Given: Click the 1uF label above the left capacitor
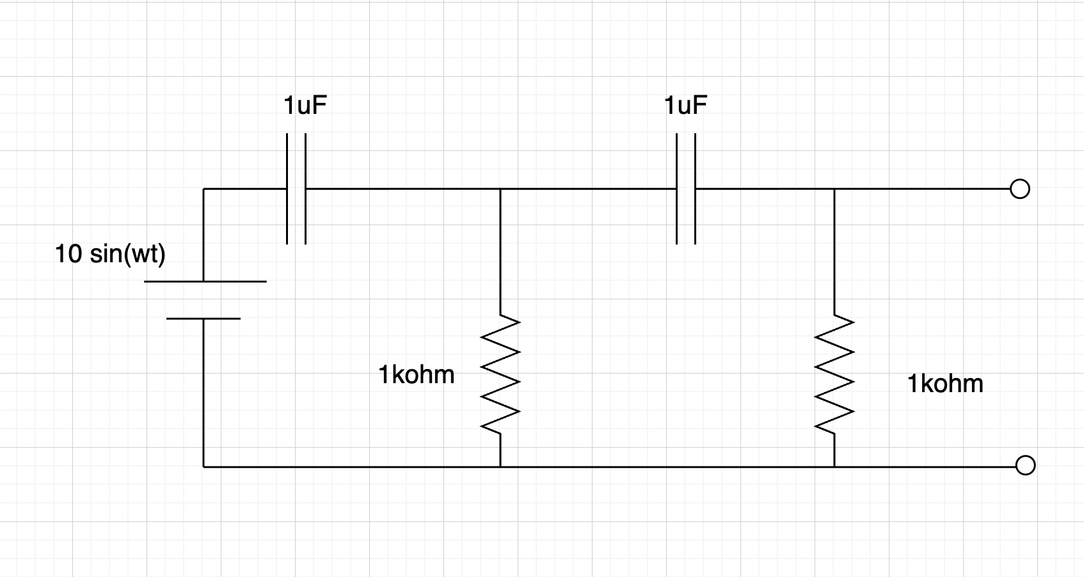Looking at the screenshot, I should tap(305, 106).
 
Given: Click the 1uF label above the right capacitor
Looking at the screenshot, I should tap(685, 106).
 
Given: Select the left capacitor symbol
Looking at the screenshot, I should tap(296, 189).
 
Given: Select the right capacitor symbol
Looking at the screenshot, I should tap(685, 189).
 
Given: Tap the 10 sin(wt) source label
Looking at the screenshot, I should tap(110, 255).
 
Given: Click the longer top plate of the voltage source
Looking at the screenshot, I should tap(205, 281).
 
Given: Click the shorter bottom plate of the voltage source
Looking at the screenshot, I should tap(203, 318).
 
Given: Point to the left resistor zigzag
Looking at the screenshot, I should tap(500, 374).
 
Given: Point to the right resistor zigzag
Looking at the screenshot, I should tap(834, 374).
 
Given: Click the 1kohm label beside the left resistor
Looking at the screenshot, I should tap(417, 375).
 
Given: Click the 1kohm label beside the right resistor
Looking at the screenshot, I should tap(945, 384).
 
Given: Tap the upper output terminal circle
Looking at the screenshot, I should tap(1019, 189).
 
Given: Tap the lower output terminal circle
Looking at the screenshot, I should tap(1025, 466).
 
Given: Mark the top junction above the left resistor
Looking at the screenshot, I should tap(500, 189).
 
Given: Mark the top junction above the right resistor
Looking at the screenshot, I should tap(834, 189).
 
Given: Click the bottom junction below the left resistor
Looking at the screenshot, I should tap(500, 467).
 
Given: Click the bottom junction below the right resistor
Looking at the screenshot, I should tap(834, 467).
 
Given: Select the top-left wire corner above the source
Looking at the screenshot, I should tap(203, 189).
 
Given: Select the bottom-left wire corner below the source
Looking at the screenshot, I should tap(203, 467).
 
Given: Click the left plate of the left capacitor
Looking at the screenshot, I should tap(287, 189).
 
